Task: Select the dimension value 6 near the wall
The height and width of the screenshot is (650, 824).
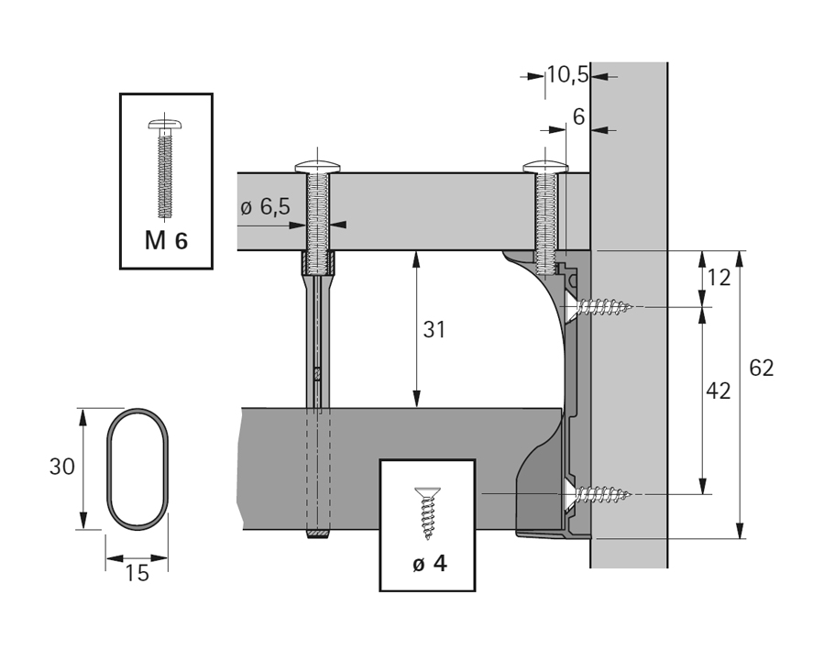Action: pyautogui.click(x=577, y=116)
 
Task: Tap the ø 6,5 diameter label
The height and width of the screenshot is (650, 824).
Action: pyautogui.click(x=265, y=207)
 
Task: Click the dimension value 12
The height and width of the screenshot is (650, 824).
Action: pyautogui.click(x=719, y=277)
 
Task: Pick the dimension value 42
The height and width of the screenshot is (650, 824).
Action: pyautogui.click(x=719, y=391)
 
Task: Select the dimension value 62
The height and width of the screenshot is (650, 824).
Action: pyautogui.click(x=761, y=368)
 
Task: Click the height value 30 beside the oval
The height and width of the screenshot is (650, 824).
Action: pyautogui.click(x=61, y=466)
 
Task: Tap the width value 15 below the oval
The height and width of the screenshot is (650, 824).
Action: pyautogui.click(x=136, y=573)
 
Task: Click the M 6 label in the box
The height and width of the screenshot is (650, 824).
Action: pyautogui.click(x=166, y=241)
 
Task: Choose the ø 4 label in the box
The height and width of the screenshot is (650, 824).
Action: pyautogui.click(x=428, y=563)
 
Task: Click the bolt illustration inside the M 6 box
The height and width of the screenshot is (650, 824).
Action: pyautogui.click(x=166, y=168)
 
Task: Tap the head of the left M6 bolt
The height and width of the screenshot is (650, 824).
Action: pyautogui.click(x=318, y=167)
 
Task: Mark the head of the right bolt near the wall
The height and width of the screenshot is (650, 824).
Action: pyautogui.click(x=548, y=167)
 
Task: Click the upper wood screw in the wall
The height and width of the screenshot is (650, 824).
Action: pyautogui.click(x=599, y=306)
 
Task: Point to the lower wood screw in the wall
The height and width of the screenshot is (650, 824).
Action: pyautogui.click(x=599, y=496)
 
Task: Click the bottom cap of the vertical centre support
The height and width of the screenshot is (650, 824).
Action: pyautogui.click(x=318, y=534)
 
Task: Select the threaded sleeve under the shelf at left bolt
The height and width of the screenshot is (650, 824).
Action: pyautogui.click(x=318, y=263)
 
